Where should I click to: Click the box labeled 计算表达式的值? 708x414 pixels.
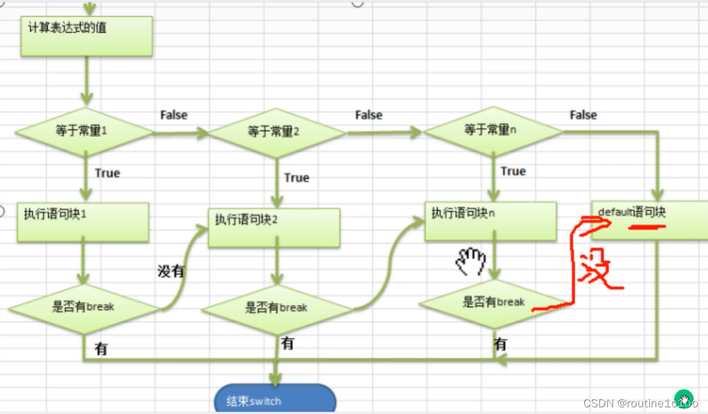tap(87, 36)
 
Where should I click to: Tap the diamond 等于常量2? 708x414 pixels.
tap(277, 133)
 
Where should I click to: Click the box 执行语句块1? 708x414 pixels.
tap(83, 222)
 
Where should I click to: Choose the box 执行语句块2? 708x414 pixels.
tap(274, 228)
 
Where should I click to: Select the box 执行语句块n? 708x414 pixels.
tap(491, 221)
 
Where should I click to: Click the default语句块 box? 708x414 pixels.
tap(649, 220)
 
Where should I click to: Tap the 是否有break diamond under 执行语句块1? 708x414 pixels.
tap(83, 308)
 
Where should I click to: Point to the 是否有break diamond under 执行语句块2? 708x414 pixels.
tap(277, 309)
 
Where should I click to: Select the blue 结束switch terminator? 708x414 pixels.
tap(275, 400)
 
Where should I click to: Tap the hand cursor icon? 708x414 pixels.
tap(472, 261)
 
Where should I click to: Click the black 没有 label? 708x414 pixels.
tap(171, 271)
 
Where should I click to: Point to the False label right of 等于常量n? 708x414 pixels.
tap(583, 115)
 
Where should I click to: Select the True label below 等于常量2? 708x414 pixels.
tap(297, 178)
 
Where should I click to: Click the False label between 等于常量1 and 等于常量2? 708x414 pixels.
tap(174, 115)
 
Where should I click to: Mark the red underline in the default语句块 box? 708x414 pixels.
tap(646, 226)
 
